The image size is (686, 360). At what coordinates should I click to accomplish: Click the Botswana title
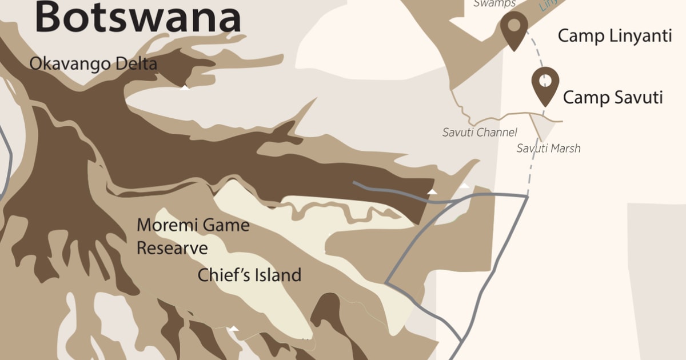pos(138,17)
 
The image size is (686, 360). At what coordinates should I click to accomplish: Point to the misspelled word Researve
pos(172,249)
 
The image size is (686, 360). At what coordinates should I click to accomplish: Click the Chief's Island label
pos(249,275)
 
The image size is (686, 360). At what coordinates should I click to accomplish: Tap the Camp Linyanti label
pos(615,36)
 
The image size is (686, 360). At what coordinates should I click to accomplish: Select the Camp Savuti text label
pos(613,98)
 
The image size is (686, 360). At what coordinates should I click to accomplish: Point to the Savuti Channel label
pos(480,133)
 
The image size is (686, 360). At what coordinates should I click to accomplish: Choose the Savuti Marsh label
pos(548,149)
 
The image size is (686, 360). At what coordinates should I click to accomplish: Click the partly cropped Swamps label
pos(494,3)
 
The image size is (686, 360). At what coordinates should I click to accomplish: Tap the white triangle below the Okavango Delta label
pos(185,87)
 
